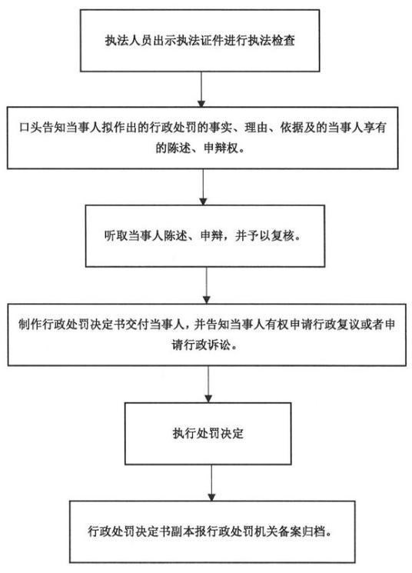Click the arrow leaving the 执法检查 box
pos(201,89)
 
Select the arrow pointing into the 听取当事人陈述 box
pos(203,187)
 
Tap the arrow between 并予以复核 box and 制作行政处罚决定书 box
pos(206,285)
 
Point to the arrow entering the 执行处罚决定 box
pos(208,384)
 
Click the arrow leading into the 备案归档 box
pos(211,483)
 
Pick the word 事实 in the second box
pos(221,128)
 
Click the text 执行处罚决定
pos(208,434)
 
